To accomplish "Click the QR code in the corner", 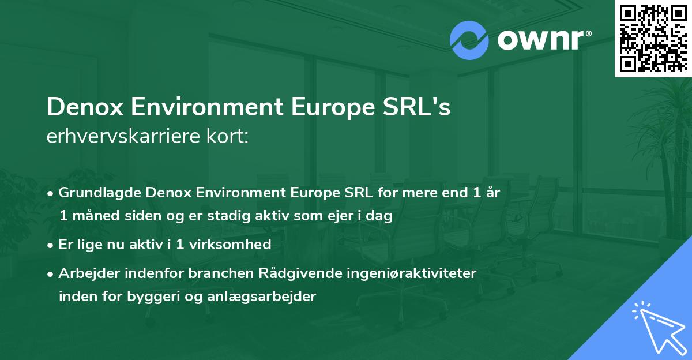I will click(x=653, y=38).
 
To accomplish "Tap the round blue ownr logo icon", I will click(x=469, y=40).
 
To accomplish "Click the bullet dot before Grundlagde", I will click(x=51, y=194).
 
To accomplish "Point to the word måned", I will click(x=97, y=216).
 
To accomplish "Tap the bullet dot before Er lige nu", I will click(x=51, y=245).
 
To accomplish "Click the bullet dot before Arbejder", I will click(x=51, y=273).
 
